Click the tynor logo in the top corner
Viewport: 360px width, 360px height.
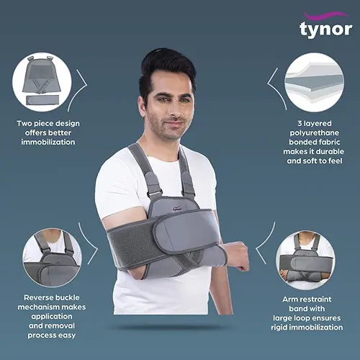coord(326,25)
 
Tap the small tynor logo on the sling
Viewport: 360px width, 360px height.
coord(177,208)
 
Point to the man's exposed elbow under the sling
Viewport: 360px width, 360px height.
coord(132,272)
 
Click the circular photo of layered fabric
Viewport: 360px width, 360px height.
coord(314,82)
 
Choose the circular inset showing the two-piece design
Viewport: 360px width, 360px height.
coord(42,82)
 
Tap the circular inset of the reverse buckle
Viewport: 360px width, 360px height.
coord(52,258)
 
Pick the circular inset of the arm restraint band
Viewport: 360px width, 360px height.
coord(306,260)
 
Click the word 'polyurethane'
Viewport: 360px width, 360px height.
coord(315,133)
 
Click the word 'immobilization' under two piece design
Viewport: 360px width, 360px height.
coord(48,142)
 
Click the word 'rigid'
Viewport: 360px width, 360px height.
coord(280,328)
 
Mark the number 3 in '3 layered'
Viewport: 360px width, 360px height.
coord(300,124)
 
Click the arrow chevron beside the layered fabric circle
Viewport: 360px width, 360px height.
coord(276,89)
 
